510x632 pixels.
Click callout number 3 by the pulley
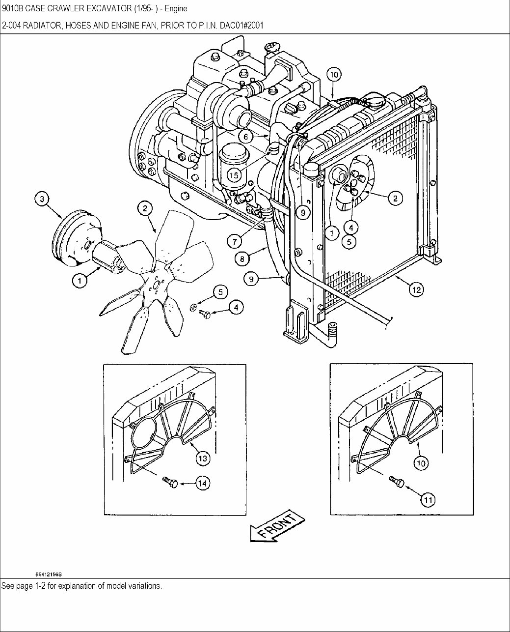pyautogui.click(x=42, y=199)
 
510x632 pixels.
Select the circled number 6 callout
pyautogui.click(x=247, y=136)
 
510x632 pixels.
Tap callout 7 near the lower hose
pyautogui.click(x=235, y=241)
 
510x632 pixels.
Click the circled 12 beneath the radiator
pyautogui.click(x=416, y=290)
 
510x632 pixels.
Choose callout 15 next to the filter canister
pyautogui.click(x=234, y=174)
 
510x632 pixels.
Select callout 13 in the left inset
pyautogui.click(x=203, y=459)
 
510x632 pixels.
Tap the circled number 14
pyautogui.click(x=202, y=484)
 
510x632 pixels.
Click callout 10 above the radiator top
pyautogui.click(x=333, y=75)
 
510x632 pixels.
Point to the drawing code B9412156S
pyautogui.click(x=51, y=574)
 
